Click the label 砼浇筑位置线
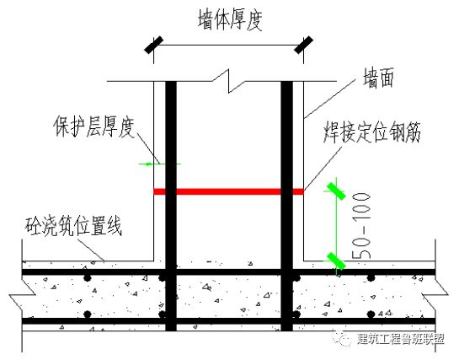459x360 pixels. click(x=70, y=227)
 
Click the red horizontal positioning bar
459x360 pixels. click(x=227, y=192)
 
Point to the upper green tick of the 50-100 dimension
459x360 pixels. click(x=336, y=189)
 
